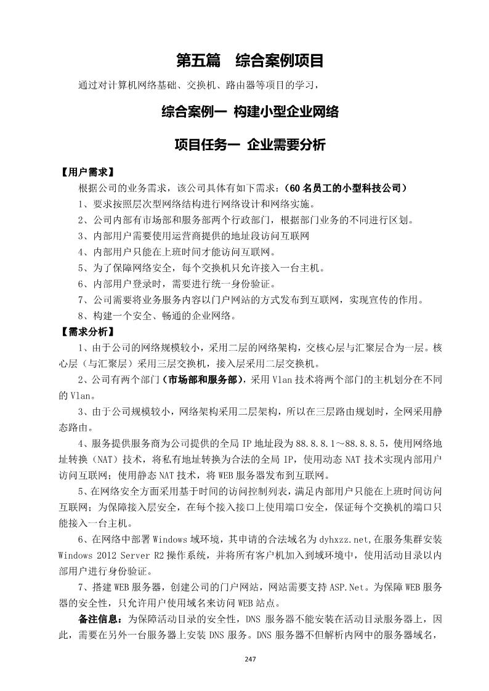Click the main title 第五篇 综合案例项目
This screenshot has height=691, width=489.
coord(249,61)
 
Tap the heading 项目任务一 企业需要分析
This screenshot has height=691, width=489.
coord(249,145)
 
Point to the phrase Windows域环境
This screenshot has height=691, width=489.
coord(179,540)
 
